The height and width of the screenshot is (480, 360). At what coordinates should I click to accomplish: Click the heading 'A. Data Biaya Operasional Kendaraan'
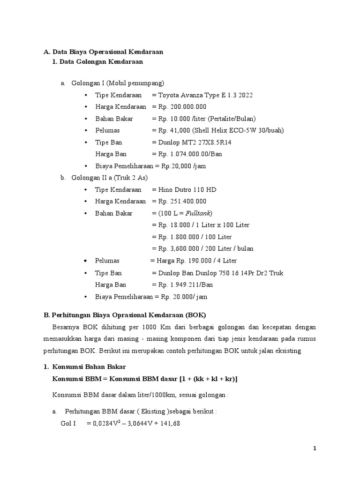point(103,52)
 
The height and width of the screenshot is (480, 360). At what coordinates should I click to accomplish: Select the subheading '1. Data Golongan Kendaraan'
point(98,61)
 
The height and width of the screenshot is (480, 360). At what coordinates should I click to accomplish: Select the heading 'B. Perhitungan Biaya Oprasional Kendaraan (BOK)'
point(125,315)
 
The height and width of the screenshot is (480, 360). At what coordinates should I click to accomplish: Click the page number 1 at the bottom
point(315,449)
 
